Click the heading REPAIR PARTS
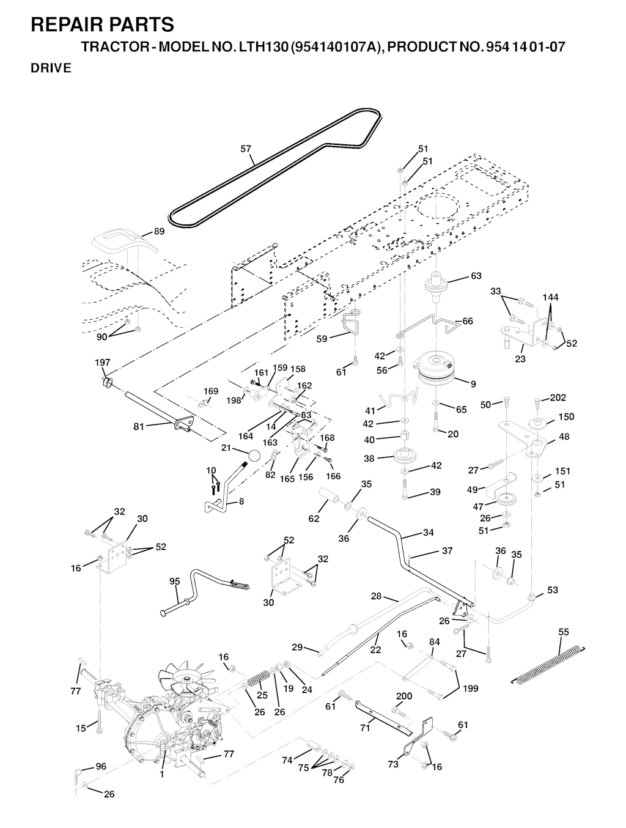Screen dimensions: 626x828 pos(102,24)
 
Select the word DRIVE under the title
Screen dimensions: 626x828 pos(51,68)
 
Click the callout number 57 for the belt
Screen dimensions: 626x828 pos(246,149)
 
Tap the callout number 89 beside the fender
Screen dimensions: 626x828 pos(159,231)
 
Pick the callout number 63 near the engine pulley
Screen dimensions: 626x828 pos(476,276)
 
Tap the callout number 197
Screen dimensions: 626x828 pos(102,363)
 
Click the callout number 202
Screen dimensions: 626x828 pos(558,397)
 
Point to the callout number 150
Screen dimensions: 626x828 pos(566,416)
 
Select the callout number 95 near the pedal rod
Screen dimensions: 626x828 pos(175,582)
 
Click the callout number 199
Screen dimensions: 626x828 pos(470,689)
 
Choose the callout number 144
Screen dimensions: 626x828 pos(551,297)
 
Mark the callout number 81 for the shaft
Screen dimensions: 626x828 pos(139,427)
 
